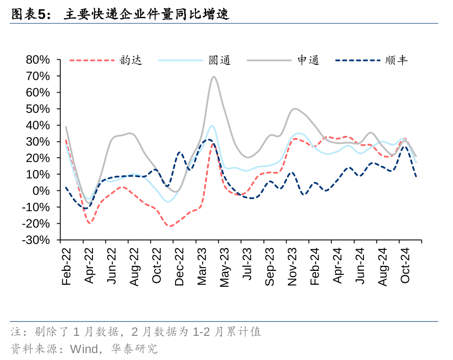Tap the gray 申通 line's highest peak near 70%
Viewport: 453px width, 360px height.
pos(214,77)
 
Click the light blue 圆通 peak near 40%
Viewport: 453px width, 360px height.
pos(212,126)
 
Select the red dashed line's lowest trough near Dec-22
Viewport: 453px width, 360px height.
pos(170,226)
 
